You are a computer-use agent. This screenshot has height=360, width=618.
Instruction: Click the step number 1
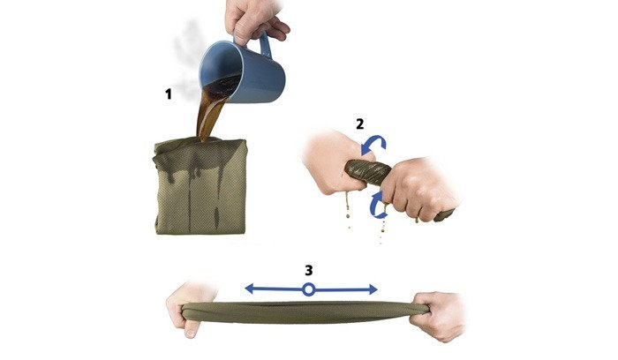pyautogui.click(x=169, y=94)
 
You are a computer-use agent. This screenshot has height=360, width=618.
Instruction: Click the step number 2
pyautogui.click(x=360, y=124)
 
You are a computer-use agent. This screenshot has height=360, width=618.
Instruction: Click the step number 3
pyautogui.click(x=309, y=270)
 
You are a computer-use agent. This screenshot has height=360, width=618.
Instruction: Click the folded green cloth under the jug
pyautogui.click(x=200, y=186)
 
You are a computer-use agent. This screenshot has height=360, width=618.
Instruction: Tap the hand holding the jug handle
pyautogui.click(x=254, y=19)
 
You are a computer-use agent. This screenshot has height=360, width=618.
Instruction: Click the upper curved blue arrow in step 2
pyautogui.click(x=374, y=143)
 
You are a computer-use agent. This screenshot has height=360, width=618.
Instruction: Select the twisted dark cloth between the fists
pyautogui.click(x=368, y=172)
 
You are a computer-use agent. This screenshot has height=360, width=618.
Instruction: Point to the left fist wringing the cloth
pyautogui.click(x=335, y=161)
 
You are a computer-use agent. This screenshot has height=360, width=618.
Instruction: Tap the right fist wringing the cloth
pyautogui.click(x=419, y=189)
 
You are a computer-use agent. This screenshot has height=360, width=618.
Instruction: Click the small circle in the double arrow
pyautogui.click(x=309, y=290)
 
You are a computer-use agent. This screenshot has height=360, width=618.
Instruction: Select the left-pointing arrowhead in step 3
pyautogui.click(x=249, y=289)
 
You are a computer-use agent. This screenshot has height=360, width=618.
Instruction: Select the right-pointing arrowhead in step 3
pyautogui.click(x=373, y=290)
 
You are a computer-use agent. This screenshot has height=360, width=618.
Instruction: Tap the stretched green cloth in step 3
pyautogui.click(x=305, y=312)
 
